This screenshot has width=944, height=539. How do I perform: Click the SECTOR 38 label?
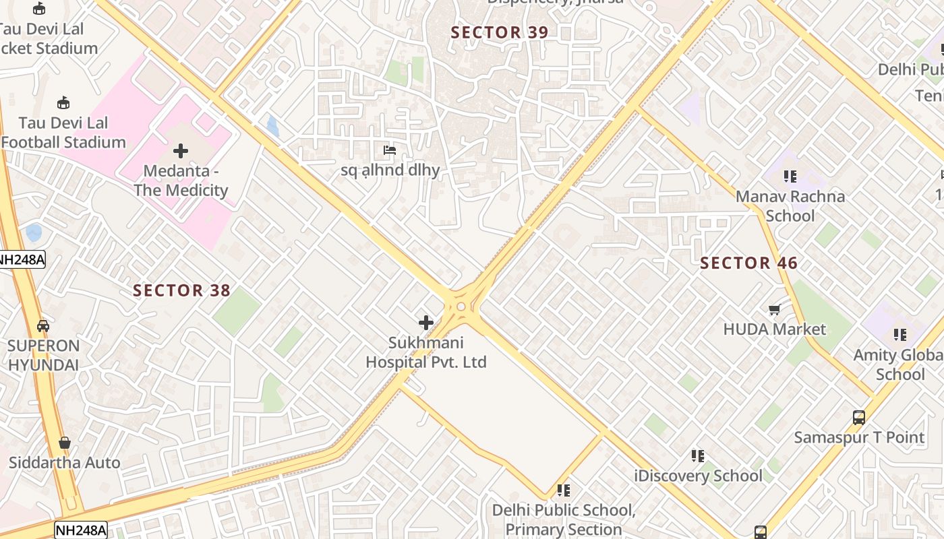tap(181, 291)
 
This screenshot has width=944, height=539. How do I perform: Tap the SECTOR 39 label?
tap(500, 32)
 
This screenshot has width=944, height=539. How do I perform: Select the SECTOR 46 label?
tap(748, 263)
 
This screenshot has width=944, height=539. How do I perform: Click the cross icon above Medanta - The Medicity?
tap(181, 151)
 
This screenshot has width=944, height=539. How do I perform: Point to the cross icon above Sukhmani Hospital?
tap(426, 323)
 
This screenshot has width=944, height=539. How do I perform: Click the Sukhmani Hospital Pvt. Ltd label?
tap(426, 352)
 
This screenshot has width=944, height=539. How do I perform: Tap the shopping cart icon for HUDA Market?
tap(775, 310)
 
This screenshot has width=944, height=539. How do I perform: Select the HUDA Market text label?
tap(774, 329)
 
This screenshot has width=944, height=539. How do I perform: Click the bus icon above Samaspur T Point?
tap(859, 418)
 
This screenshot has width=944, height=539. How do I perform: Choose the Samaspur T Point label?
tap(859, 437)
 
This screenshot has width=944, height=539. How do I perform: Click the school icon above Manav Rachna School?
tap(790, 177)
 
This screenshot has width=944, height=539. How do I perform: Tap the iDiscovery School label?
tap(698, 476)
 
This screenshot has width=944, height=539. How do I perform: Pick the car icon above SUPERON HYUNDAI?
tap(43, 326)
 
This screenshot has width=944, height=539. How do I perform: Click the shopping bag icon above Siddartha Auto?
tap(65, 443)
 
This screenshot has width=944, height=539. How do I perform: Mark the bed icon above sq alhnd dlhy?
tap(390, 150)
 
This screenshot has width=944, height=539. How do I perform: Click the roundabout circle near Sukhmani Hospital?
tap(461, 307)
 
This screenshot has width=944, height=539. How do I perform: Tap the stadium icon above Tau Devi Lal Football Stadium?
tap(63, 103)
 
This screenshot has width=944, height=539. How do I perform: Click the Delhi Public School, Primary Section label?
tap(564, 520)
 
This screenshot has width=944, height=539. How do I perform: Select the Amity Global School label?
tap(899, 364)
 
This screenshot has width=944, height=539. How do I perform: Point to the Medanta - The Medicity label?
tap(181, 181)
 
